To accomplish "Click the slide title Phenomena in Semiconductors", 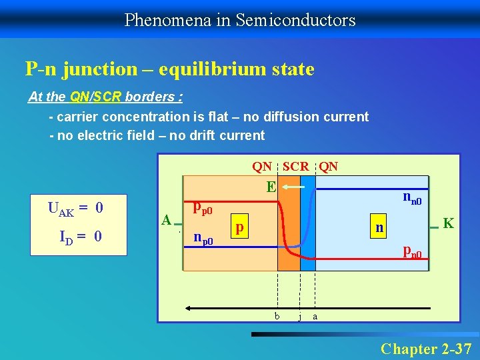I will click(240, 20).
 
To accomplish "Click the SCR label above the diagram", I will click(295, 167).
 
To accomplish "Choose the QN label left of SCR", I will click(261, 167).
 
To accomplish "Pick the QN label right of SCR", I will click(328, 167).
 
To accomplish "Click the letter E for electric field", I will click(271, 187).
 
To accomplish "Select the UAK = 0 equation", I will click(75, 209).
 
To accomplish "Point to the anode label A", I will click(167, 219).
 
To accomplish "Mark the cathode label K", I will click(449, 223).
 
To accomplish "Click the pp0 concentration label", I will click(202, 208).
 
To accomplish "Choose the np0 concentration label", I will click(202, 237).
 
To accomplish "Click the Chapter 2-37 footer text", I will click(426, 348).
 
